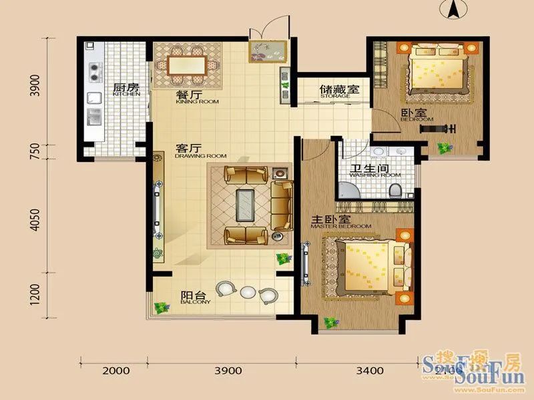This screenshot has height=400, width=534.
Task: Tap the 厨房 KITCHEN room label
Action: (x=125, y=90)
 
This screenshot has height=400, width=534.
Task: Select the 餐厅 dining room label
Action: (x=188, y=97)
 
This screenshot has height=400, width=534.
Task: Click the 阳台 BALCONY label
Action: (x=194, y=297)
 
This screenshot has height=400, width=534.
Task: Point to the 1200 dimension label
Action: (x=36, y=293)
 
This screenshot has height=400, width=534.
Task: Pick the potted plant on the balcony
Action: (x=160, y=307)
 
